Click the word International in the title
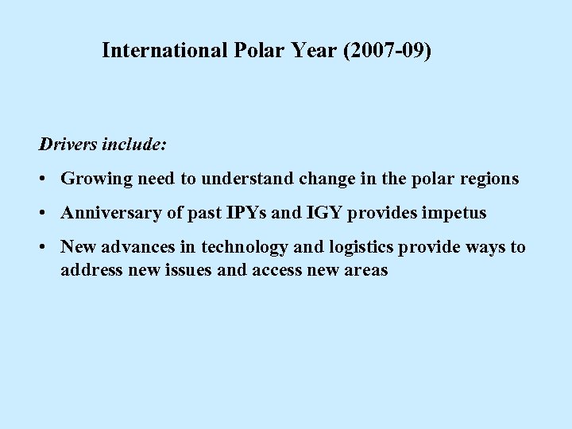[x=166, y=51]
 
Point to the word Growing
[x=96, y=179]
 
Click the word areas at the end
[x=365, y=270]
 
